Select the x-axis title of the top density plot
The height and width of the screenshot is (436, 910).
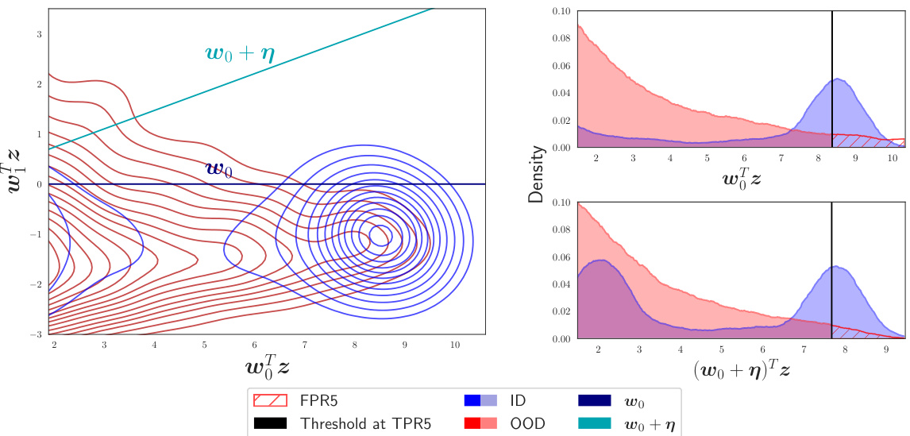click(x=742, y=177)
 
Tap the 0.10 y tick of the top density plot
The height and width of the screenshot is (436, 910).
click(x=561, y=11)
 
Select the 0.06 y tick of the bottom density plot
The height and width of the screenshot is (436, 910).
click(x=561, y=257)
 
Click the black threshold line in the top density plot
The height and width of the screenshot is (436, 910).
click(x=832, y=79)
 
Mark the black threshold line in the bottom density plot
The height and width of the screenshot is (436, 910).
click(x=831, y=270)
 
